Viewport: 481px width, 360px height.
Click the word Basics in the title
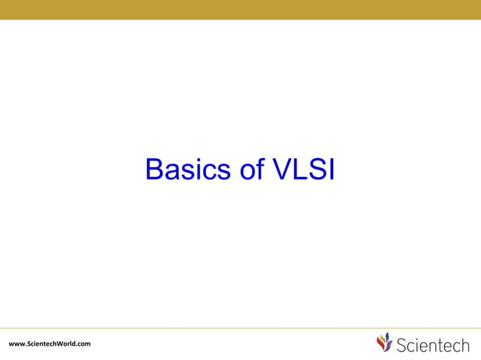pos(189,169)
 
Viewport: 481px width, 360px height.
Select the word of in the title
pos(252,169)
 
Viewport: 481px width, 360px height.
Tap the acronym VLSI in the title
pos(303,169)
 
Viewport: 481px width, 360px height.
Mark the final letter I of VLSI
pos(330,169)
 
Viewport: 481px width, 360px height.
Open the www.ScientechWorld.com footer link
pos(49,344)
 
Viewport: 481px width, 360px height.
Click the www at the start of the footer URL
pos(15,344)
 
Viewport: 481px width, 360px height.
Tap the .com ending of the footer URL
pos(83,344)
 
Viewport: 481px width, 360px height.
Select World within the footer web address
pos(66,344)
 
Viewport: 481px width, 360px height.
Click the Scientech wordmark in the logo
pos(432,345)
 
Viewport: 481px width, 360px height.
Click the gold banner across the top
pos(240,9)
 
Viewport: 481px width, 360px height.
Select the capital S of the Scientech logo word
pos(402,345)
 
